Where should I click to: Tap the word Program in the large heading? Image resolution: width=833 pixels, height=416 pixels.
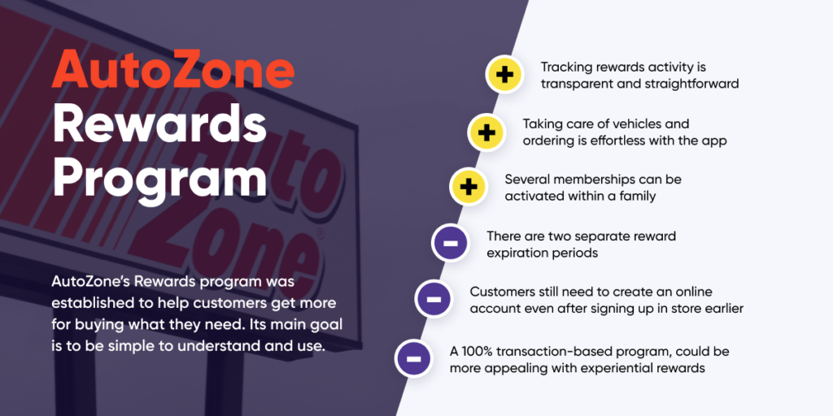tap(159, 177)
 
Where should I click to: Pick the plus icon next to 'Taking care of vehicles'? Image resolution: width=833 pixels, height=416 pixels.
tap(486, 132)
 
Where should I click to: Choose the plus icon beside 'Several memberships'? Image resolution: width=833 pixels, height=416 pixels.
tap(469, 187)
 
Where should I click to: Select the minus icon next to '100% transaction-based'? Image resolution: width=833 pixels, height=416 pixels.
tap(414, 357)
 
